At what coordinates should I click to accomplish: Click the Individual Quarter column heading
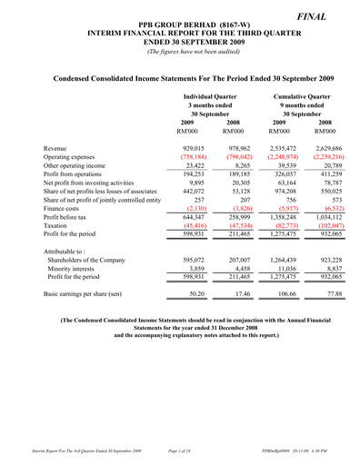coord(210,95)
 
